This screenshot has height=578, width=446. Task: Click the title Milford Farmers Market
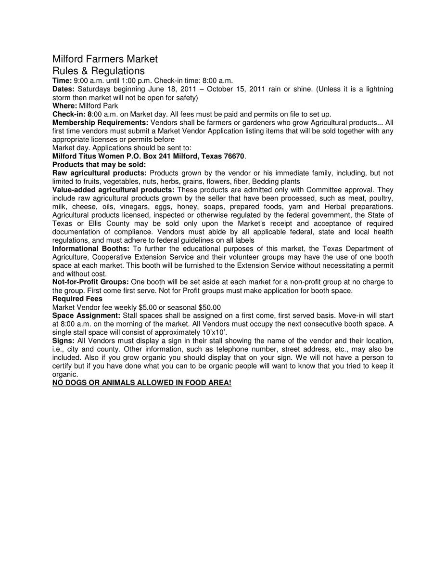(105, 59)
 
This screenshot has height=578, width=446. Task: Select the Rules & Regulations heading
(98, 71)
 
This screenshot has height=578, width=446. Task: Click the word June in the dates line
(150, 89)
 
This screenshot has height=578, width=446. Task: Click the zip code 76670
(234, 156)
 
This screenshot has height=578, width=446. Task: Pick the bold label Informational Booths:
(90, 249)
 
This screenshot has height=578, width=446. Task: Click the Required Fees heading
(77, 299)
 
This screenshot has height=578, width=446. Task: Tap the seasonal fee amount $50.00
(209, 307)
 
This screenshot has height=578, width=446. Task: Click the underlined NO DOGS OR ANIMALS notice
(141, 382)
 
